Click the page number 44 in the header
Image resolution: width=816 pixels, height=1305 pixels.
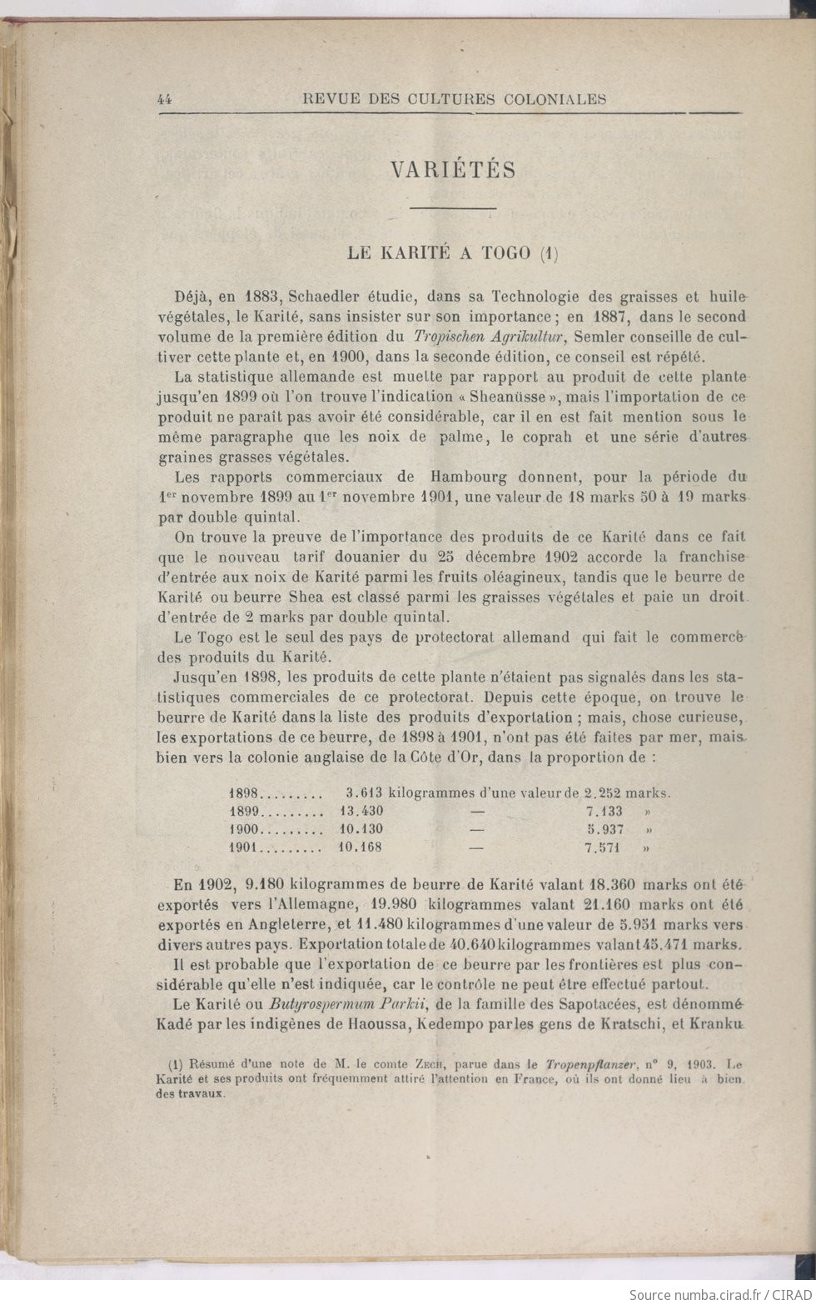click(x=164, y=99)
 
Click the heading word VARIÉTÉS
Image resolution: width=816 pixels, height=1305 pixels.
click(x=453, y=170)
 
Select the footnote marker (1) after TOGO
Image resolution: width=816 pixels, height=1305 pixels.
click(x=548, y=252)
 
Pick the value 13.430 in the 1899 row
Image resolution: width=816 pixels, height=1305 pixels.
click(x=361, y=811)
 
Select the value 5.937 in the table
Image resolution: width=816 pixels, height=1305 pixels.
click(x=605, y=829)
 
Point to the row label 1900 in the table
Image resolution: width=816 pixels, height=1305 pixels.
click(x=245, y=829)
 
